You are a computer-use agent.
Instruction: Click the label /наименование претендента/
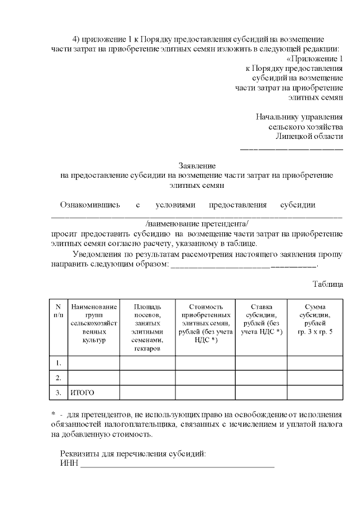coord(197,223)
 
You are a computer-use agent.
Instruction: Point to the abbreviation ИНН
coord(69,464)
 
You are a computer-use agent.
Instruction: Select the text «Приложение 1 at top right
coord(314,58)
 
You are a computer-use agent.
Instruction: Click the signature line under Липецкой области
coord(291,148)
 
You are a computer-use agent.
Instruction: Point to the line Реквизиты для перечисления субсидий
coord(133,453)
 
